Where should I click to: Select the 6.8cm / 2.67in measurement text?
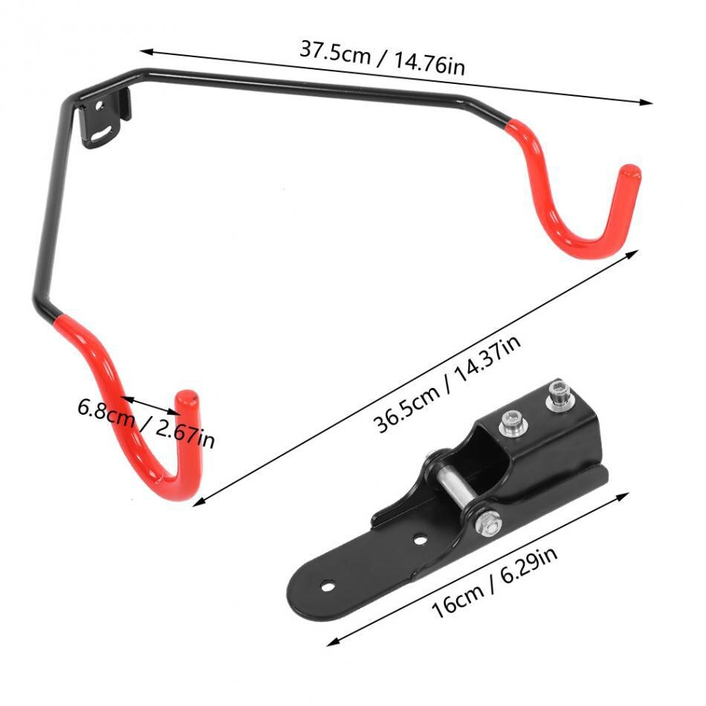coord(146,424)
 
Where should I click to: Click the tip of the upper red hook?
coord(630,170)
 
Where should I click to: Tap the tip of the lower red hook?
coord(186,396)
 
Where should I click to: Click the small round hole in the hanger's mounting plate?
coord(100,106)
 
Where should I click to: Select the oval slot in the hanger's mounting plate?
coord(103,135)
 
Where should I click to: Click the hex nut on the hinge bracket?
coord(489,524)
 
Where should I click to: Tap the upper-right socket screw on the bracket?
coord(558,395)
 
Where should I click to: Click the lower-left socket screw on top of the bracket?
coord(512,424)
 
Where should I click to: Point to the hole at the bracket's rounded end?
coord(328,586)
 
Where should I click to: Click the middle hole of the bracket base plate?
coord(420,539)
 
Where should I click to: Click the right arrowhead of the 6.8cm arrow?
coord(175,412)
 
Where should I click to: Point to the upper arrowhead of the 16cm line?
coord(624,496)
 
